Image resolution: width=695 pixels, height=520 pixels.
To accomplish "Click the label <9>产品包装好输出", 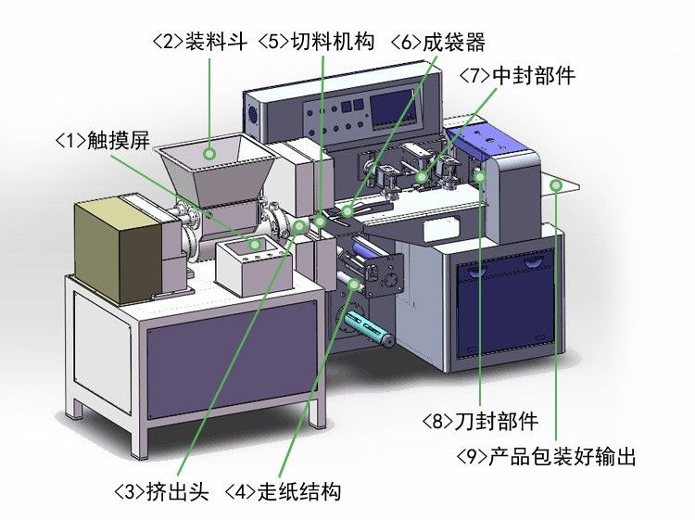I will point(547,457).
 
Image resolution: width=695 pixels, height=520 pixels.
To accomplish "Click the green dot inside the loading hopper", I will point(211,153).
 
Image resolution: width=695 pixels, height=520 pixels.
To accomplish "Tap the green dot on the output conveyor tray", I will point(556,186).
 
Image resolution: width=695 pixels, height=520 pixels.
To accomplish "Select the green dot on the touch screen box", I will point(256,245).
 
